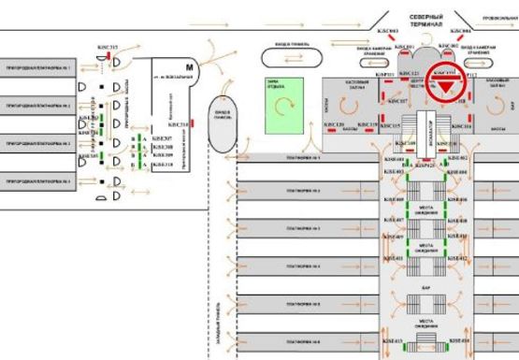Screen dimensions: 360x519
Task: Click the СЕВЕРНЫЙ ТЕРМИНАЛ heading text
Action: click(426, 21)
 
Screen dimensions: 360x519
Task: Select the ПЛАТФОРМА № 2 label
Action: click(303, 191)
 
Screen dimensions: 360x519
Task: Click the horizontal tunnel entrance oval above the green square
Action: click(281, 56)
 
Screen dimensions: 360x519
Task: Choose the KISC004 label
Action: click(459, 32)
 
